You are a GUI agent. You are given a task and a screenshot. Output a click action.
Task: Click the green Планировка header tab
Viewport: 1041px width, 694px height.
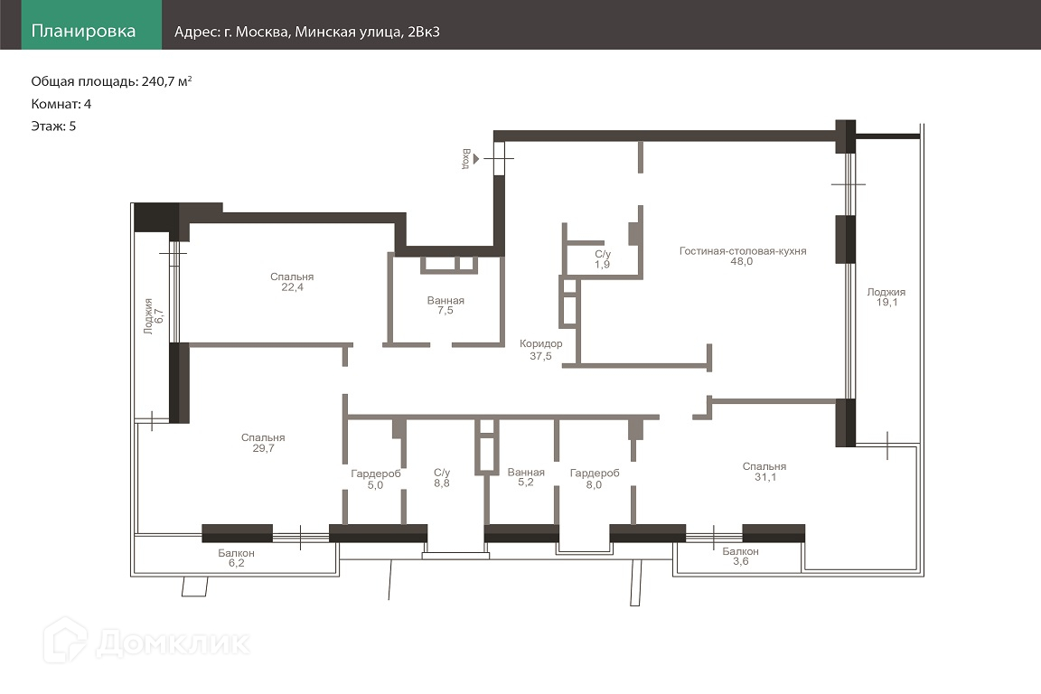[x=91, y=24]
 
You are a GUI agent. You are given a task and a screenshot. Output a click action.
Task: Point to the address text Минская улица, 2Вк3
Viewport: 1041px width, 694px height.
[x=367, y=32]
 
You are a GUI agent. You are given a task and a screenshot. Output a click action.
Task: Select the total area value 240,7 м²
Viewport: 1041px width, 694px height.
[x=166, y=81]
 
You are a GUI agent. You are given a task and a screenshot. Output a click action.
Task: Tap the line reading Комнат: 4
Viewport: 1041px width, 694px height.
[x=61, y=104]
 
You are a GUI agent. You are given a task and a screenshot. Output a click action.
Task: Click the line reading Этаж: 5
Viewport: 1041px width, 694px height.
[x=54, y=127]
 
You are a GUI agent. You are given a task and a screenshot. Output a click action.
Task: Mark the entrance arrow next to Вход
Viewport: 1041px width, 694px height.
[x=476, y=159]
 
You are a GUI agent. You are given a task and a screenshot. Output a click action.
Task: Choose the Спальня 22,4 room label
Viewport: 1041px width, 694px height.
[x=292, y=282]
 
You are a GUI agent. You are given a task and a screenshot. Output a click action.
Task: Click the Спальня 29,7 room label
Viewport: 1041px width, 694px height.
[x=263, y=442]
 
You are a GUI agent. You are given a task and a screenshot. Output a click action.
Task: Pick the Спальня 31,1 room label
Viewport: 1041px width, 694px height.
[x=764, y=472]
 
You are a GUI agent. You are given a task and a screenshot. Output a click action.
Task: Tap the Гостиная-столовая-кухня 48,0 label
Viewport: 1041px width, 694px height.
[x=742, y=256]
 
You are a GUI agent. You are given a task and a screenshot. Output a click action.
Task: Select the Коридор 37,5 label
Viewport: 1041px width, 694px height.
[x=540, y=350]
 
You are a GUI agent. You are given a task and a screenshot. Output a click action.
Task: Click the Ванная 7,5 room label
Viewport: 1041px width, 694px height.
[x=445, y=305]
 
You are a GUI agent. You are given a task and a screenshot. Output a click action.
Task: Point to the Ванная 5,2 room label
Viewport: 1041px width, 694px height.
[x=526, y=477]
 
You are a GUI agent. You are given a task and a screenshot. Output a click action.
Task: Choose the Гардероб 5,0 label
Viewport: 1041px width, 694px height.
[x=376, y=479]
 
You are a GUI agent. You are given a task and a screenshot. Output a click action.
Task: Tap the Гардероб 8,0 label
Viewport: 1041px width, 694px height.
[x=595, y=478]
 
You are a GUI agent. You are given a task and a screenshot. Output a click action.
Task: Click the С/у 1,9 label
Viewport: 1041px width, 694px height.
[x=602, y=259]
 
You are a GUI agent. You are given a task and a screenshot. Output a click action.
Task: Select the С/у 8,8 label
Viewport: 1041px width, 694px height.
[x=442, y=477]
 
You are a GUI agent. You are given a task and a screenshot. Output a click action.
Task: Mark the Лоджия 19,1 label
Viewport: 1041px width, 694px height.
[x=886, y=297]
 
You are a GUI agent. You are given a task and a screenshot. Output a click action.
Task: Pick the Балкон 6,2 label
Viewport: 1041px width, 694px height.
[x=237, y=558]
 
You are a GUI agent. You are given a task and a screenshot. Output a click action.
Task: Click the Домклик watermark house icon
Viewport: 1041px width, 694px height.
[x=65, y=640]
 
